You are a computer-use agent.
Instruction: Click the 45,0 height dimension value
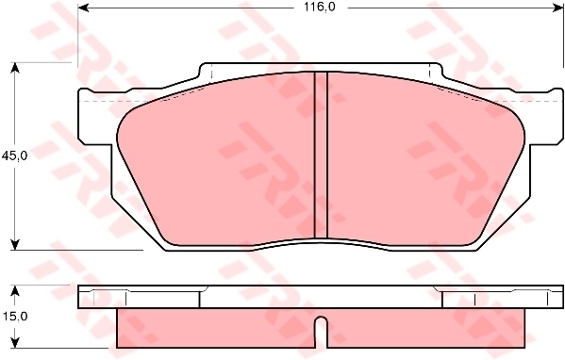point(14,155)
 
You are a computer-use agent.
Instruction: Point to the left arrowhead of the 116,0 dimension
point(82,7)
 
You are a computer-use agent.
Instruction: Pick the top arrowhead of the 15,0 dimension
point(14,288)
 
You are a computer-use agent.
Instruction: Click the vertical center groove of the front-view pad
point(320,155)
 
